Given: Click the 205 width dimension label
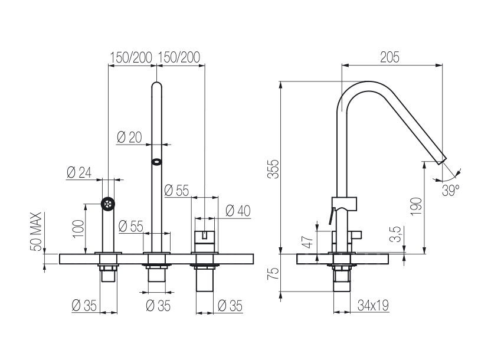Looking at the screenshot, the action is [x=389, y=57].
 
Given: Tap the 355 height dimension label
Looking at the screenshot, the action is [x=273, y=169].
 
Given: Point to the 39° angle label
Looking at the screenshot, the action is [x=451, y=190].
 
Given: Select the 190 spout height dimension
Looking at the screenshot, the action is [x=417, y=207].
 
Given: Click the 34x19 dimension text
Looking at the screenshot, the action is [x=373, y=305].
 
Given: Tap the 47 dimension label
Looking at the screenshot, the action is [x=309, y=241].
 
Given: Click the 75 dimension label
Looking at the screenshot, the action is [x=274, y=274].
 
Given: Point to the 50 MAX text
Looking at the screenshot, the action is [x=36, y=231].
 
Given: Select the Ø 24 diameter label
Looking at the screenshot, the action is [x=79, y=172].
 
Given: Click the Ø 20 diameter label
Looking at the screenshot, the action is [x=129, y=137].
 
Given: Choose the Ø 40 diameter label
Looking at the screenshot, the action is [x=238, y=211].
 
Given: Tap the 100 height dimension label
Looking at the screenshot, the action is [x=78, y=229].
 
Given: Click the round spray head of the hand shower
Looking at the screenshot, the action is [x=108, y=204].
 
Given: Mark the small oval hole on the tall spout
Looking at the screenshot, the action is [x=156, y=162].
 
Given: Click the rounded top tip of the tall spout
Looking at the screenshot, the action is [x=156, y=83].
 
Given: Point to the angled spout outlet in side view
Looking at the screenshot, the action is [x=441, y=160].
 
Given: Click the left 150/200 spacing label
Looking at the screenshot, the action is [x=131, y=58].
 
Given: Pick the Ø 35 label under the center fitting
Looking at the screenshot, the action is [x=158, y=306].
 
